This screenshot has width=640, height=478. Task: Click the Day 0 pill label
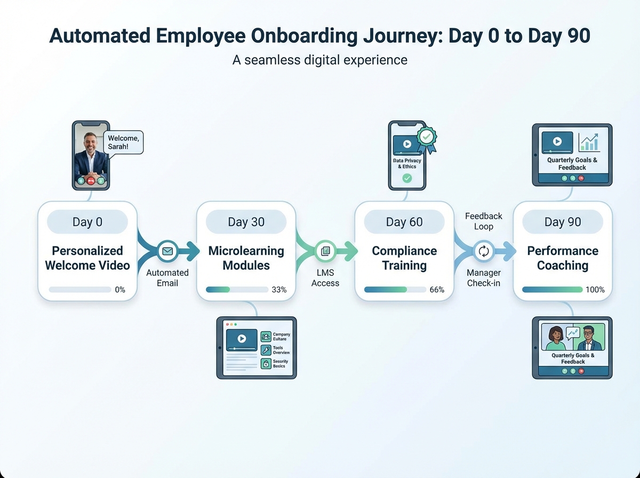point(87,222)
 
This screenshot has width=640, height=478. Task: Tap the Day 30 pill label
point(246,222)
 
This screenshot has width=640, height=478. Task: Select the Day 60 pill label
point(404,222)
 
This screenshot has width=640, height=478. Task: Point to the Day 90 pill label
point(563,222)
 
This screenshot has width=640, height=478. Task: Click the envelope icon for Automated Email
point(167,251)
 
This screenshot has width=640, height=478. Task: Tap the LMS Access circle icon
point(325,251)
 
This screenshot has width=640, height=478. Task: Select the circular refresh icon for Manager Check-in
point(484,251)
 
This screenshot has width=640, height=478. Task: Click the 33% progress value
point(279,290)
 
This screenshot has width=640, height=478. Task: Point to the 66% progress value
point(437,290)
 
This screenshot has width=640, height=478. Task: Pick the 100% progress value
point(595,290)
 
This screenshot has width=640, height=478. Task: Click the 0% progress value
point(120,290)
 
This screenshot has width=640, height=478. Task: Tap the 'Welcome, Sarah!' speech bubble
point(124,142)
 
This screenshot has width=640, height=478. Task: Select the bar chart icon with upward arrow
point(589,142)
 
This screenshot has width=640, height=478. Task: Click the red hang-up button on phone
point(91,181)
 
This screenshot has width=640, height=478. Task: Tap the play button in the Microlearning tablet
point(241,338)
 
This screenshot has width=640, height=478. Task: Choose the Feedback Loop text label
point(483,221)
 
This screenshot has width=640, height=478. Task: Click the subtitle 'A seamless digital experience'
point(320,60)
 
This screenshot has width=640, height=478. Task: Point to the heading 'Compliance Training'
point(404,258)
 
